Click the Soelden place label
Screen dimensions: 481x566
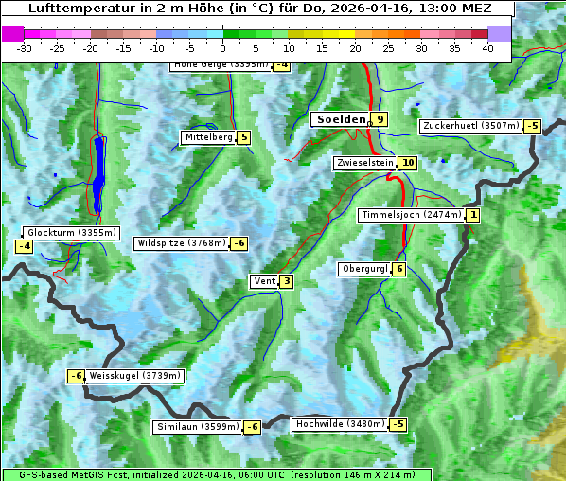[x=340, y=119]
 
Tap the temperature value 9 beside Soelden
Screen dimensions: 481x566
[x=380, y=119]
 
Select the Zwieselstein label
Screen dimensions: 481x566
[x=364, y=163]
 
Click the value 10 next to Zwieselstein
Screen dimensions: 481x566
[x=408, y=163]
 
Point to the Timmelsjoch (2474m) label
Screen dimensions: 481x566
[x=412, y=215]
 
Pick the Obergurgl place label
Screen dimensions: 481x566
[x=363, y=269]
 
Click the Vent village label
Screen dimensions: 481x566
[x=264, y=281]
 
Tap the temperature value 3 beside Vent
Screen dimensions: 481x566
[x=286, y=281]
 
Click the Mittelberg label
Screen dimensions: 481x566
[x=208, y=137]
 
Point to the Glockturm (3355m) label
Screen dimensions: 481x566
[x=72, y=233]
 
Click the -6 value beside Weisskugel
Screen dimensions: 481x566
[x=76, y=376]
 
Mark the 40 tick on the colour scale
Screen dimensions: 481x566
[x=487, y=48]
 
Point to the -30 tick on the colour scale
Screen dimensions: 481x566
[x=26, y=48]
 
